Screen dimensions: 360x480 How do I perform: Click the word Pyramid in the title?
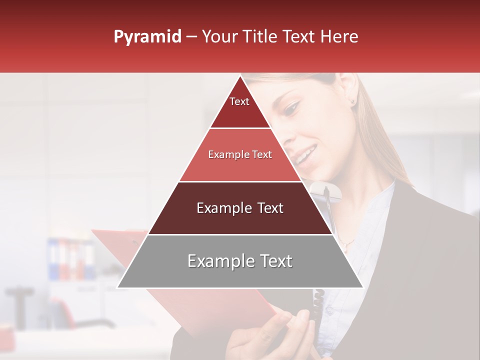147,37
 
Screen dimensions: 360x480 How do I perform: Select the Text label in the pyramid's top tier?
239,101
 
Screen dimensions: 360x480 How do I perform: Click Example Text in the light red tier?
240,155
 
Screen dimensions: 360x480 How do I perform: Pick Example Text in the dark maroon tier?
240,208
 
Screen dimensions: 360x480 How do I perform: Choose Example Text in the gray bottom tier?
240,261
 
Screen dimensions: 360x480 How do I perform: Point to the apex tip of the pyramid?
240,76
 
